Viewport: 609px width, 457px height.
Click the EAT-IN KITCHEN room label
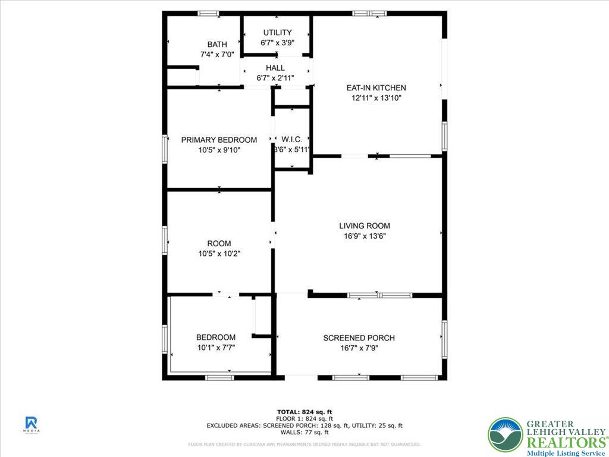click(376, 88)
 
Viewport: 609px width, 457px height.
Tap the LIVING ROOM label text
click(365, 226)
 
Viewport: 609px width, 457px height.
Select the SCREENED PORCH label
click(359, 338)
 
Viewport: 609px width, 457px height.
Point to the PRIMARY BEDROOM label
click(219, 140)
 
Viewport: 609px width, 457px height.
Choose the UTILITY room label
click(277, 33)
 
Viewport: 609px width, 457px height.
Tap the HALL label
click(275, 68)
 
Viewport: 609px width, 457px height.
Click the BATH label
click(217, 45)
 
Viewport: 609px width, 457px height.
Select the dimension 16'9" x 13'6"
click(365, 236)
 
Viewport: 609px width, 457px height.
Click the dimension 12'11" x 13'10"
click(376, 98)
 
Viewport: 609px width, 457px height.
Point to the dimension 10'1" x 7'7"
click(216, 348)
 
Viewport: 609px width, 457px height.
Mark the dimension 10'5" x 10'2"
click(219, 253)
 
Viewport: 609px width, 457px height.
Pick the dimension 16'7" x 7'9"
click(359, 348)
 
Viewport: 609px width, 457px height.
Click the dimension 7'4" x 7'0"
click(217, 55)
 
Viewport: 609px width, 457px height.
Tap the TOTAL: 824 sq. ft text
click(304, 412)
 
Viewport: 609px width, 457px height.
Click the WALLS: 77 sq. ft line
click(304, 432)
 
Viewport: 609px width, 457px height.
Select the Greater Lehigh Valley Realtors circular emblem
click(505, 434)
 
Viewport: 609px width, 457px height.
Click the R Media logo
click(32, 424)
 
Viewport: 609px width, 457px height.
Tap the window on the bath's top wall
click(208, 13)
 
